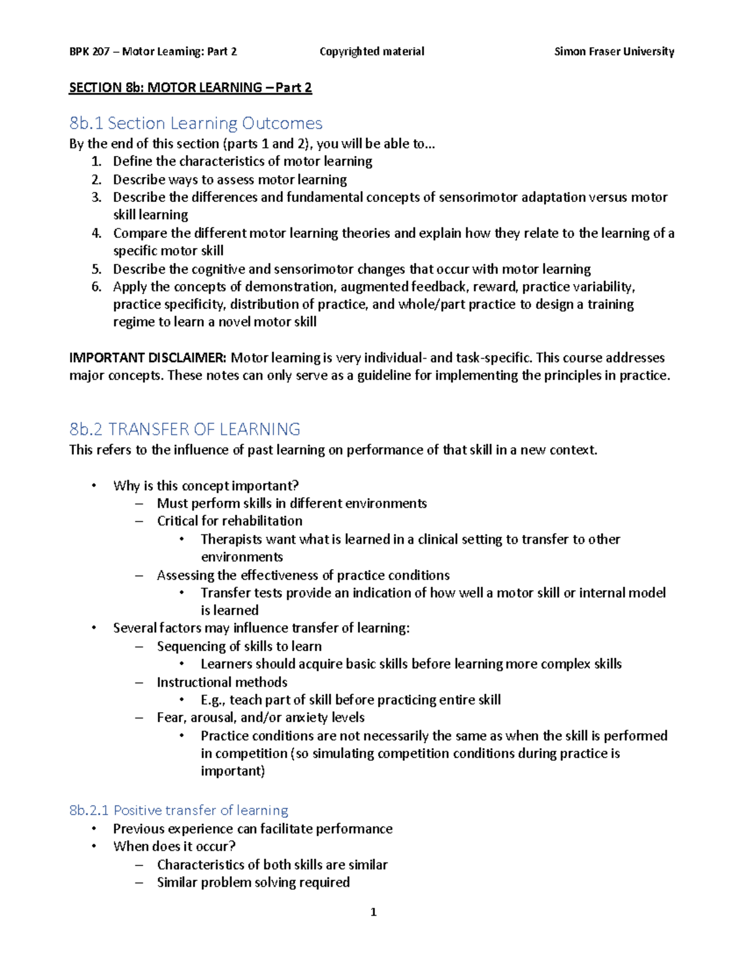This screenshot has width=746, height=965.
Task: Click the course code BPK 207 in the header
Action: (90, 52)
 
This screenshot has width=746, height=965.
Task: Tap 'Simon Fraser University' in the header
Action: (614, 52)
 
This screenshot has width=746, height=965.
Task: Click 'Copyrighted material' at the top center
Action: (372, 52)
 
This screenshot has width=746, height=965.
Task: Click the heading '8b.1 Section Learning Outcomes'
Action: (196, 123)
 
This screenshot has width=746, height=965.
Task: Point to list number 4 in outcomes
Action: (96, 233)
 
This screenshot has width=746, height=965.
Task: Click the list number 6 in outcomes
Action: (96, 286)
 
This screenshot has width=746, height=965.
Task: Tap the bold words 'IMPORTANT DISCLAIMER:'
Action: (147, 358)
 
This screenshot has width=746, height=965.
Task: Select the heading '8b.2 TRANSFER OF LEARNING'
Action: (185, 429)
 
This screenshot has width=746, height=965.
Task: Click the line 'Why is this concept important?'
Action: (206, 485)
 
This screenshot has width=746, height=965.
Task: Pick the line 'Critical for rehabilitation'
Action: (229, 521)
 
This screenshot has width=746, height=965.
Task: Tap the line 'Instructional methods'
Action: (222, 682)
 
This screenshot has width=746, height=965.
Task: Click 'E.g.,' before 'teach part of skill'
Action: (213, 700)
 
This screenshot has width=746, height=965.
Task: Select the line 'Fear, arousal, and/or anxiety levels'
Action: (260, 718)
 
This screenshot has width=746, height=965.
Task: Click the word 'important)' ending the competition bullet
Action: (233, 771)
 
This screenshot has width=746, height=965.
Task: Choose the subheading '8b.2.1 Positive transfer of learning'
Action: (178, 810)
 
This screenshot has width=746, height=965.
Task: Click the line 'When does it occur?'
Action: (174, 846)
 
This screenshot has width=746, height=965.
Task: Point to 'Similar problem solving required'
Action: (253, 882)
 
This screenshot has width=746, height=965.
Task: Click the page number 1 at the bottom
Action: (373, 912)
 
